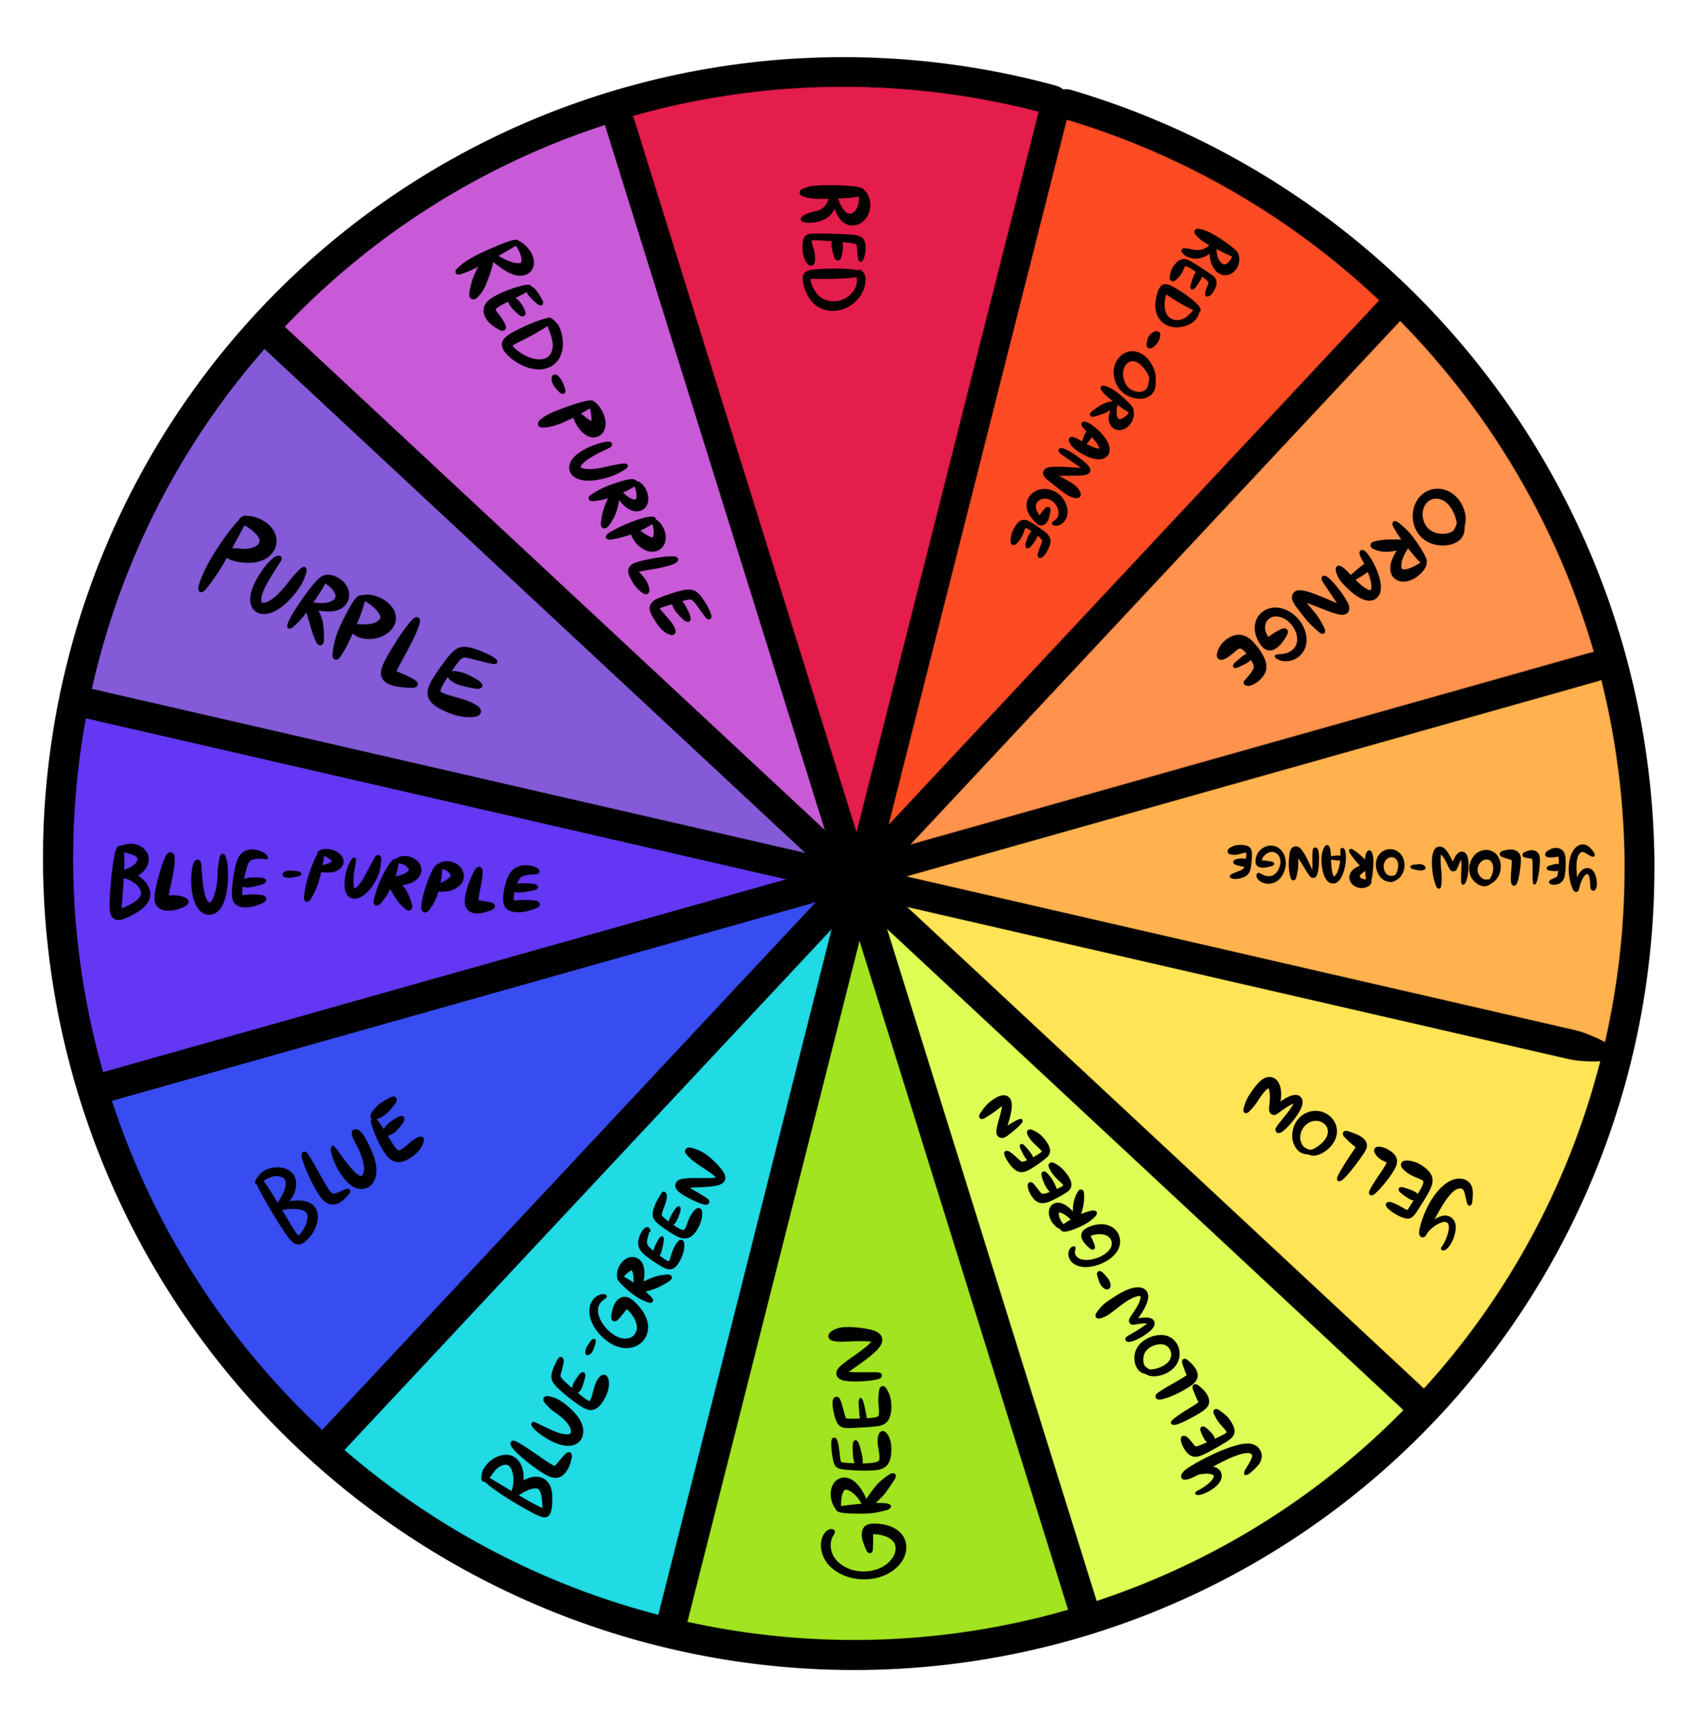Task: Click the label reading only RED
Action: pyautogui.click(x=834, y=248)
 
